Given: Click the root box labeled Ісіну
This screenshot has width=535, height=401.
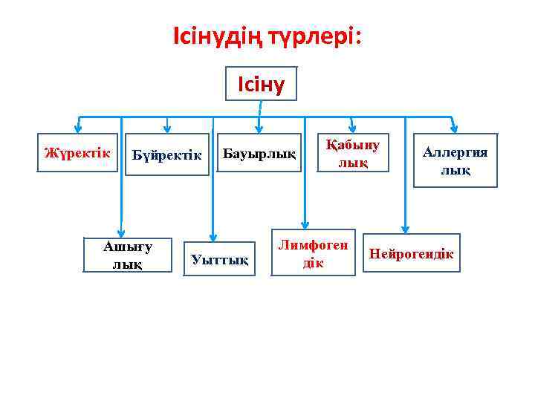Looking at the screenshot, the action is tap(260, 83).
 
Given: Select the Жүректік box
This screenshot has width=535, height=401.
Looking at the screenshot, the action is tap(77, 153).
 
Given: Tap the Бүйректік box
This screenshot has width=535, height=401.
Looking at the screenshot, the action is tap(167, 155).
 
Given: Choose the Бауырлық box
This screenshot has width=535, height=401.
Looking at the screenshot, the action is tap(259, 154).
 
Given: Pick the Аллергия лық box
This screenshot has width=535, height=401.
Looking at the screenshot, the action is tap(455, 162).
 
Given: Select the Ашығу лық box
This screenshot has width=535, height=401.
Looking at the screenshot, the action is tap(128, 255).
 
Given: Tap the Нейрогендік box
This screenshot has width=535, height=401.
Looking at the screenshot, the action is tap(412, 254).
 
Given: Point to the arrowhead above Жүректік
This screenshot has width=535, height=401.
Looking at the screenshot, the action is tap(77, 128).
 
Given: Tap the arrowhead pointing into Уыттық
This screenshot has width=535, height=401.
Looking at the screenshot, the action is tap(213, 236).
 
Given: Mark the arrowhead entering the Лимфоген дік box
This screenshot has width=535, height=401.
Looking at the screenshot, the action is tap(304, 224).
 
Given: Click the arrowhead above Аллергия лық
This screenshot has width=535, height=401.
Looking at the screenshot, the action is tap(454, 128).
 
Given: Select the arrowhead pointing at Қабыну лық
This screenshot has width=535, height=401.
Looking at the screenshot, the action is tap(352, 126).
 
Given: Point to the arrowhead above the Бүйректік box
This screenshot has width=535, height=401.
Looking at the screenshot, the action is tap(167, 128).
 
